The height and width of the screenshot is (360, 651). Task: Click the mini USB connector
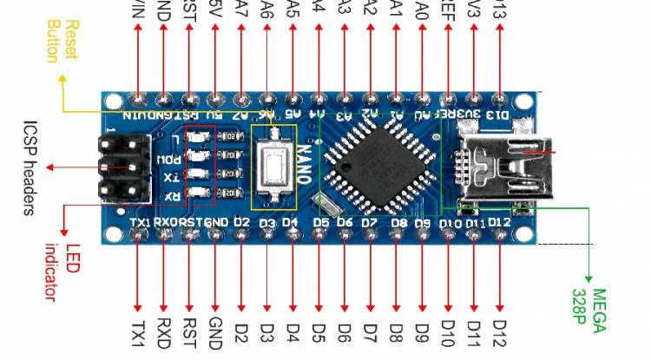click(x=498, y=165)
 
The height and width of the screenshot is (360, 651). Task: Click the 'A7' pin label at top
click(x=240, y=10)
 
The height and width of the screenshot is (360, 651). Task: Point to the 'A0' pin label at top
click(x=422, y=10)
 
